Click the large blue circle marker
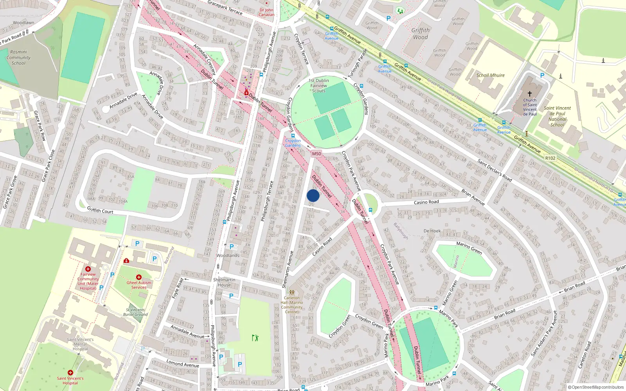click(313, 195)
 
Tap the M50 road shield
click(317, 154)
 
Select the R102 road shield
click(550, 158)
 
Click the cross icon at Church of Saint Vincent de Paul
click(530, 94)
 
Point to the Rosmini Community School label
click(18, 57)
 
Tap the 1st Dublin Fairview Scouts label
click(319, 86)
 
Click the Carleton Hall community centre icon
click(291, 292)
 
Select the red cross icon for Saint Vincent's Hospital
click(70, 373)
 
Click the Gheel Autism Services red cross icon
click(139, 277)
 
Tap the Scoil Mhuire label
click(490, 75)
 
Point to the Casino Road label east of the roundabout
click(426, 202)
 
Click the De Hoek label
click(432, 231)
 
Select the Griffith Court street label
click(100, 210)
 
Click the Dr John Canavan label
click(266, 13)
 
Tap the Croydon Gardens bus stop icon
click(293, 136)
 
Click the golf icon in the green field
click(255, 337)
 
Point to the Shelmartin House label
click(224, 282)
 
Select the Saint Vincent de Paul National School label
click(557, 117)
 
